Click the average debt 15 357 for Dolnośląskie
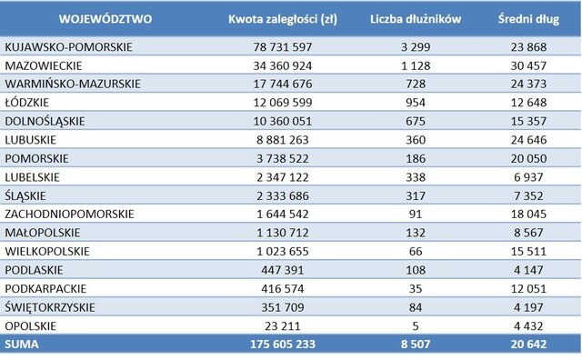524,120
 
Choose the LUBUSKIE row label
31,139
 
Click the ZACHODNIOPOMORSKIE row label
69,214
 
